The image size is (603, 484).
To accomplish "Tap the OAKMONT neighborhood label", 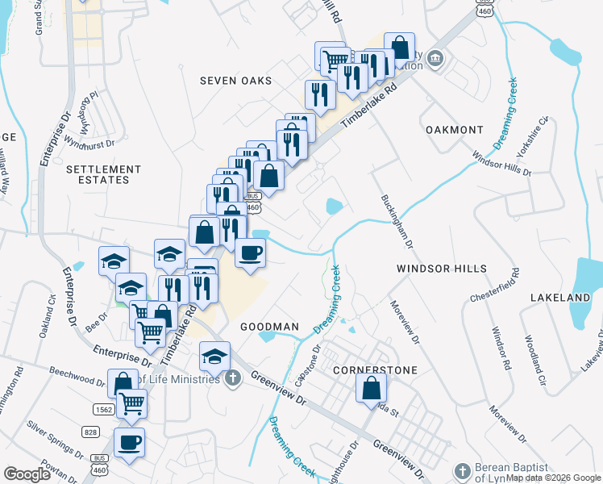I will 454,130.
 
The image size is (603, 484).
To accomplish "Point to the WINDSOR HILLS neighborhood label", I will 442,268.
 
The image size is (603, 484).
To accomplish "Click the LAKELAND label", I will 560,298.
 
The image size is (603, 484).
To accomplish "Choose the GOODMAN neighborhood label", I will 269,327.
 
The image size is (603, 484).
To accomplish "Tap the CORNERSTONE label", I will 376,370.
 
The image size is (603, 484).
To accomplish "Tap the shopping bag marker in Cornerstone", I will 369,388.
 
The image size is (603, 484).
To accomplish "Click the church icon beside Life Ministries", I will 233,378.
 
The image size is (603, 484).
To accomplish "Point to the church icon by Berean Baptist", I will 463,470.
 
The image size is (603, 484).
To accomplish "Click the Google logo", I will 27,474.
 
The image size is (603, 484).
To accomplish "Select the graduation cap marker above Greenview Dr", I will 214,355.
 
